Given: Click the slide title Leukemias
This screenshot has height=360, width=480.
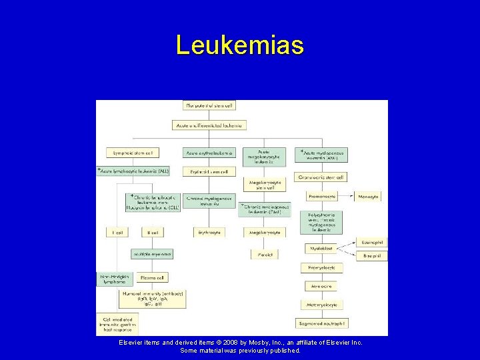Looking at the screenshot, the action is [x=240, y=45].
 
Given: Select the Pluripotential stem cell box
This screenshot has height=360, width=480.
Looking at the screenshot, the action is [x=209, y=105].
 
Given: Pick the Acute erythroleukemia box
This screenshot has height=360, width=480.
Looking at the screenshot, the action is [x=209, y=153].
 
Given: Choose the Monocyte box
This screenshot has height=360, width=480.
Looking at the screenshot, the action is [x=368, y=197].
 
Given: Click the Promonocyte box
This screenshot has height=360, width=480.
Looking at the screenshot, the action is [x=322, y=197].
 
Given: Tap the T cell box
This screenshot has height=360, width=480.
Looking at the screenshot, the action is [x=118, y=233].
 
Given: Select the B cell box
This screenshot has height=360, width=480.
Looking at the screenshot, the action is [x=153, y=233].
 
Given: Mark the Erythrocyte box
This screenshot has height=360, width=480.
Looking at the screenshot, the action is [x=209, y=233].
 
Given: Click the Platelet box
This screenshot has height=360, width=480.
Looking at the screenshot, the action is [x=265, y=255].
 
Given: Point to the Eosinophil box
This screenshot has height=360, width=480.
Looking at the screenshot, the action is [x=371, y=241].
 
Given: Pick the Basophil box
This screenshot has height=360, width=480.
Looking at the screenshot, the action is [x=371, y=255].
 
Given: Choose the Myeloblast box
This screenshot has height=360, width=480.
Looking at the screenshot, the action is [x=321, y=248].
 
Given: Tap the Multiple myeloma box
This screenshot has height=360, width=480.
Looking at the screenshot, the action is [x=153, y=254].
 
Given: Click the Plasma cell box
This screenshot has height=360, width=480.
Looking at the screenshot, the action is [x=153, y=277].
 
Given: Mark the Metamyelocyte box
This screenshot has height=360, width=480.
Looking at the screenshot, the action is [x=322, y=305].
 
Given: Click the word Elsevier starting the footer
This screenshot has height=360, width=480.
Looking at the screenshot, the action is [x=131, y=342].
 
